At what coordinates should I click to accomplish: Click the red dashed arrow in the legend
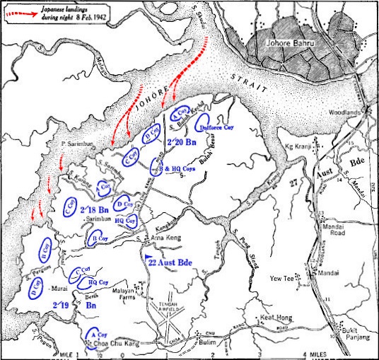coord(28,11)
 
